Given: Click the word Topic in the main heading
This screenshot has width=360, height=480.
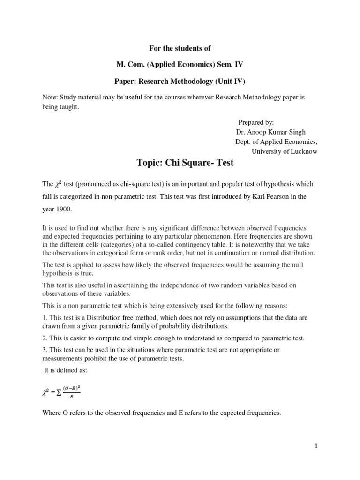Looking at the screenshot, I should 149,164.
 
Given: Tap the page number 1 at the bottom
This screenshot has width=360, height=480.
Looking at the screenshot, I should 316,446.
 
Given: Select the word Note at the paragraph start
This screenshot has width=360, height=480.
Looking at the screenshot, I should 50,97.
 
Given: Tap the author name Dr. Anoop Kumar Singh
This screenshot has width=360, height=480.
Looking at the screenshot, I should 270,132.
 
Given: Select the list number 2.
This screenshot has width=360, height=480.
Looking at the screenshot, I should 44,338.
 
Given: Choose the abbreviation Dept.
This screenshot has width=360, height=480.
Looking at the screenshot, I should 243,142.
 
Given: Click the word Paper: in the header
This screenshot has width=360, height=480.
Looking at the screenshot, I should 127,81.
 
